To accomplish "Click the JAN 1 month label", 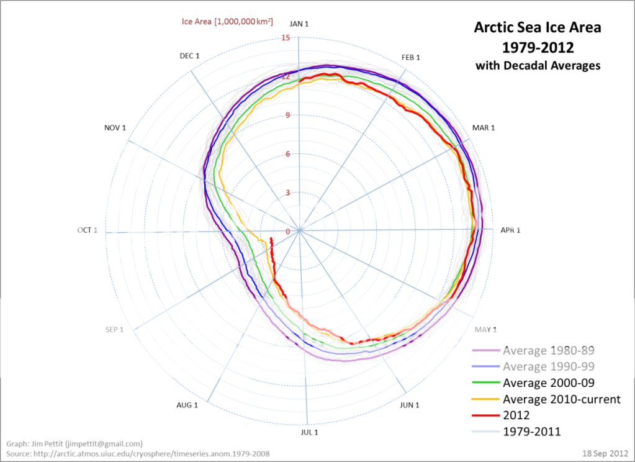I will coord(299,24).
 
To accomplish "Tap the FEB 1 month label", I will coord(411,58).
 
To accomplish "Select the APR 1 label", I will coord(510,230).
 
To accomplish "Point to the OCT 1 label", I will coord(88,230).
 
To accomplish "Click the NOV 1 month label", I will coord(115,128).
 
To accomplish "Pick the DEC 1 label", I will coord(189,56).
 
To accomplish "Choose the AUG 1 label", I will coord(187,405).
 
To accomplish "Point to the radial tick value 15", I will coord(286,38).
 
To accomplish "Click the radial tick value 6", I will coord(287,154).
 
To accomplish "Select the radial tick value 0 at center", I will coord(287,232).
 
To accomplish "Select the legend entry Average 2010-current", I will coord(561,399).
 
